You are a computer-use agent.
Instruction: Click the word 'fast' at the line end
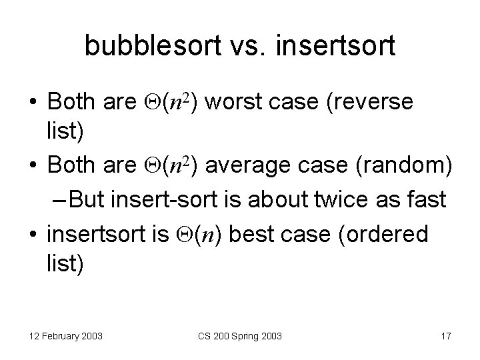427,198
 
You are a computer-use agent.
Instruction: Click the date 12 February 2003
66,337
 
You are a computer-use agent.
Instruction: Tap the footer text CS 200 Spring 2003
240,337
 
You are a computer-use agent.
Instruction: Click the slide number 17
445,337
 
